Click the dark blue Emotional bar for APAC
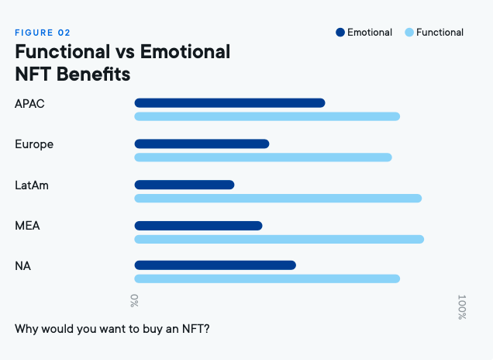point(229,103)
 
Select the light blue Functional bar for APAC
point(267,116)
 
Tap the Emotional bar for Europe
point(202,144)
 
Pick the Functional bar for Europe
point(263,157)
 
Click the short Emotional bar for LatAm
point(184,185)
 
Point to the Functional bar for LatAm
point(278,199)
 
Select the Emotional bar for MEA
point(198,226)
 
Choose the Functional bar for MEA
point(279,239)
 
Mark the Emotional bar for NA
point(215,265)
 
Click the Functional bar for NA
point(267,279)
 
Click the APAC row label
point(30,103)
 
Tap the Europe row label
point(34,144)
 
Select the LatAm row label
point(33,185)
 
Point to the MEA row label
point(27,226)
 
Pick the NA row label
point(23,266)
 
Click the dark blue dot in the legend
point(340,33)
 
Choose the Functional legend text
point(440,33)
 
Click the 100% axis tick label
point(462,307)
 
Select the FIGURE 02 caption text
point(43,33)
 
